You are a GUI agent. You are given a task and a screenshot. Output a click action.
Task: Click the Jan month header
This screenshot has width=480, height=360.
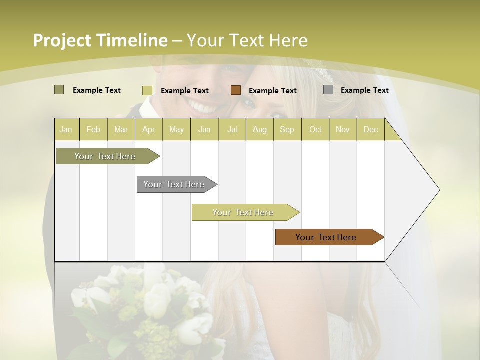(x=66, y=130)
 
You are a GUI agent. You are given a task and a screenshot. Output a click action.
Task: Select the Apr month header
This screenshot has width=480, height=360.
(x=148, y=130)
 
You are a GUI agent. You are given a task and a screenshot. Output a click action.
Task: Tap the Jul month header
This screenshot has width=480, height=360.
(x=232, y=130)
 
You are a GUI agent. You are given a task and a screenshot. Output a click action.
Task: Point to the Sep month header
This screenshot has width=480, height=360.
(x=287, y=130)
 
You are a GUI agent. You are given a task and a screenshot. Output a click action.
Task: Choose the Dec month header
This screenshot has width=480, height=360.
(x=370, y=130)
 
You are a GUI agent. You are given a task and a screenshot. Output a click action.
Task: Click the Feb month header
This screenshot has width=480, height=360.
(x=93, y=130)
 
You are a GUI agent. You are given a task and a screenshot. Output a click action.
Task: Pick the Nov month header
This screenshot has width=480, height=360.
(x=342, y=130)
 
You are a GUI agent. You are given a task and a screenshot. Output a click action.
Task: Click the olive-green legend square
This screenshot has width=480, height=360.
(x=59, y=90)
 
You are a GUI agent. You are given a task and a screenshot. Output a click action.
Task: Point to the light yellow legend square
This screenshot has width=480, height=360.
(x=147, y=90)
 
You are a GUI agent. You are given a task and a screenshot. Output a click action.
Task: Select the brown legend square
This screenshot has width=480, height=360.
(x=236, y=90)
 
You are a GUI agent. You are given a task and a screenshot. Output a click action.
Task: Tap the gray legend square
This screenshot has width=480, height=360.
(x=328, y=90)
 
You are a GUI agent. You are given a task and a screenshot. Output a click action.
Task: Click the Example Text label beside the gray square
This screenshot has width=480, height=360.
(x=364, y=90)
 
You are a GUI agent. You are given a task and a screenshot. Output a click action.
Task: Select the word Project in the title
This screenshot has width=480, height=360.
(x=62, y=41)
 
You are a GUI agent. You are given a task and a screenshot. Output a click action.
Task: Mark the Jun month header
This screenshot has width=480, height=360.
(x=204, y=130)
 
